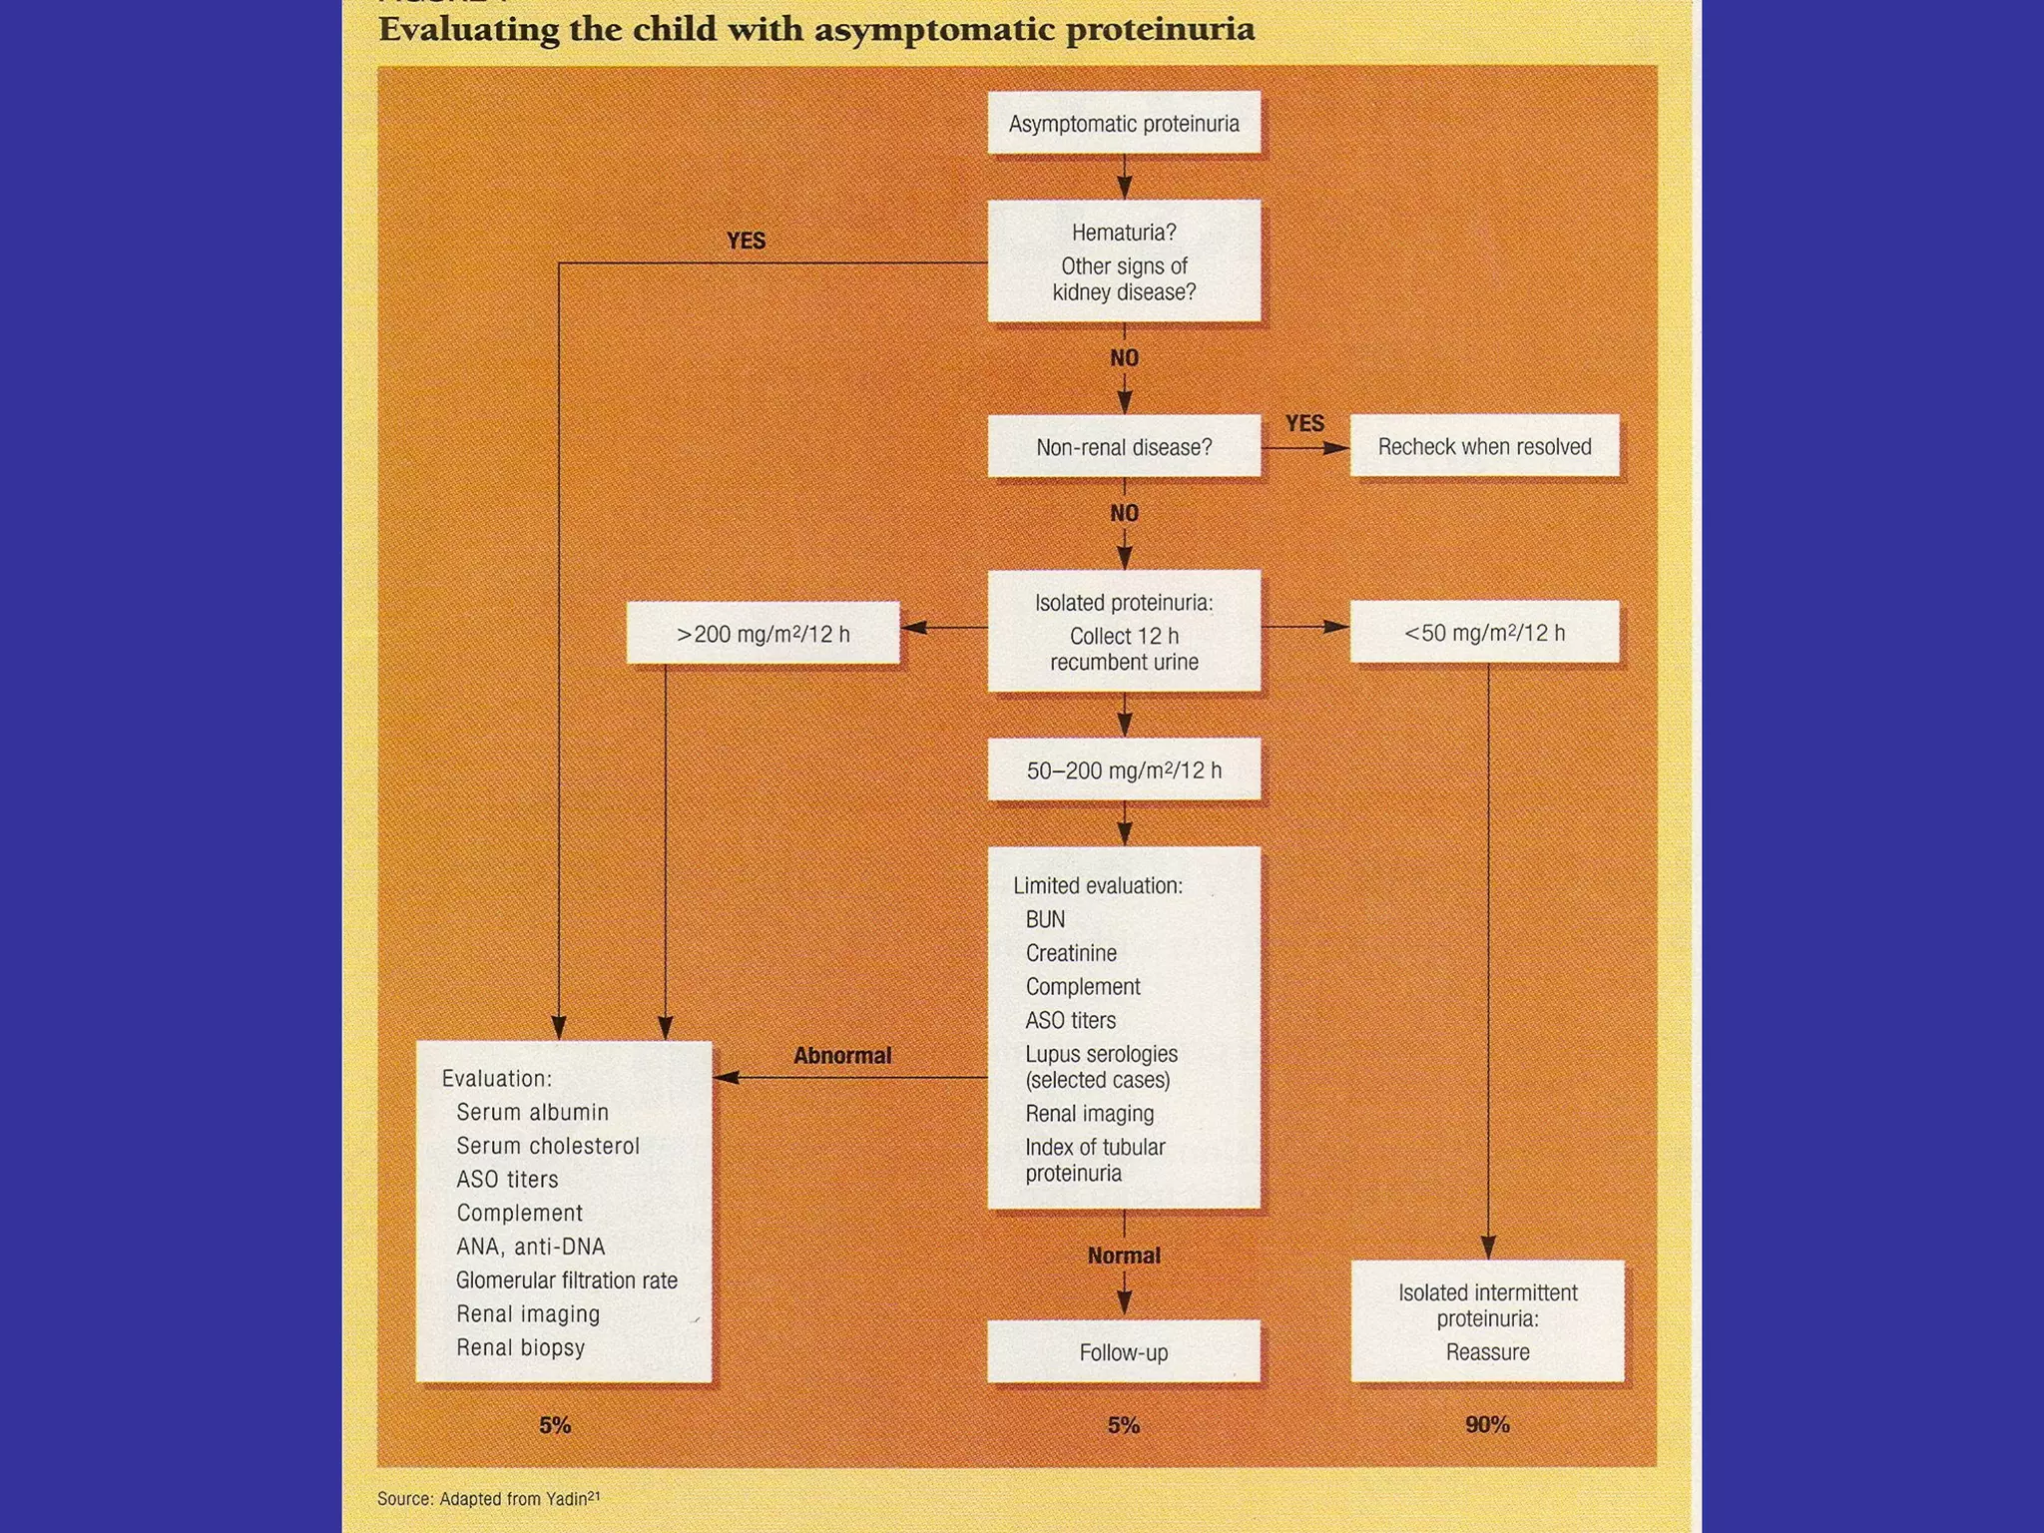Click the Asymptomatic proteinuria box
pos(1124,123)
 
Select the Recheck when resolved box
pos(1484,446)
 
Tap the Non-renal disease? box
pos(1124,447)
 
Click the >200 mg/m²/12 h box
pos(763,633)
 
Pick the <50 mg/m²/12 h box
pos(1484,632)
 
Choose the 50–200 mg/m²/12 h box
pos(1124,769)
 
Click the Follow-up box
pos(1124,1352)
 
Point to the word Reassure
pos(1487,1352)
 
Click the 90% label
pos(1487,1424)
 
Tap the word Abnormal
pos(842,1055)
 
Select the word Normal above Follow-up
pos(1124,1256)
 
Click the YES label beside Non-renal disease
pos(1304,423)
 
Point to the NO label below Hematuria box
pos(1124,357)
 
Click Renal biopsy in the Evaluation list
pos(520,1347)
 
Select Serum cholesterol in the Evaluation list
pos(547,1146)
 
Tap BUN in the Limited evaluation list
pos(1045,919)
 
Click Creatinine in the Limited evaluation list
pos(1071,953)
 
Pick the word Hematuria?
pos(1124,233)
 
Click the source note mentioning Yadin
pos(488,1499)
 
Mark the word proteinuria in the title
pos(1160,30)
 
